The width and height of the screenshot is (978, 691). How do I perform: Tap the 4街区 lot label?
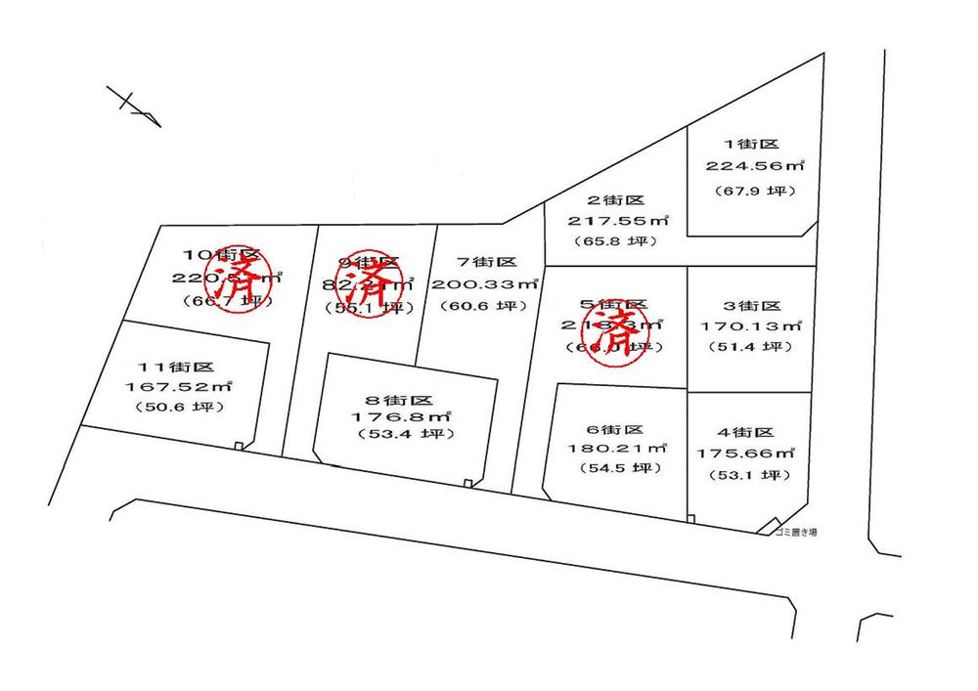[x=746, y=432]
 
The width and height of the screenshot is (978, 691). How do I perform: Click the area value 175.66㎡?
[x=746, y=453]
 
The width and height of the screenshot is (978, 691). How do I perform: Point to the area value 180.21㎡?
[x=615, y=450]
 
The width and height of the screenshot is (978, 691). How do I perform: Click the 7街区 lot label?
[x=486, y=262]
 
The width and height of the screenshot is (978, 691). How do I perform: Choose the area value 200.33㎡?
[x=487, y=284]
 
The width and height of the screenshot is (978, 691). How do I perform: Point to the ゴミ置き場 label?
[x=794, y=532]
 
